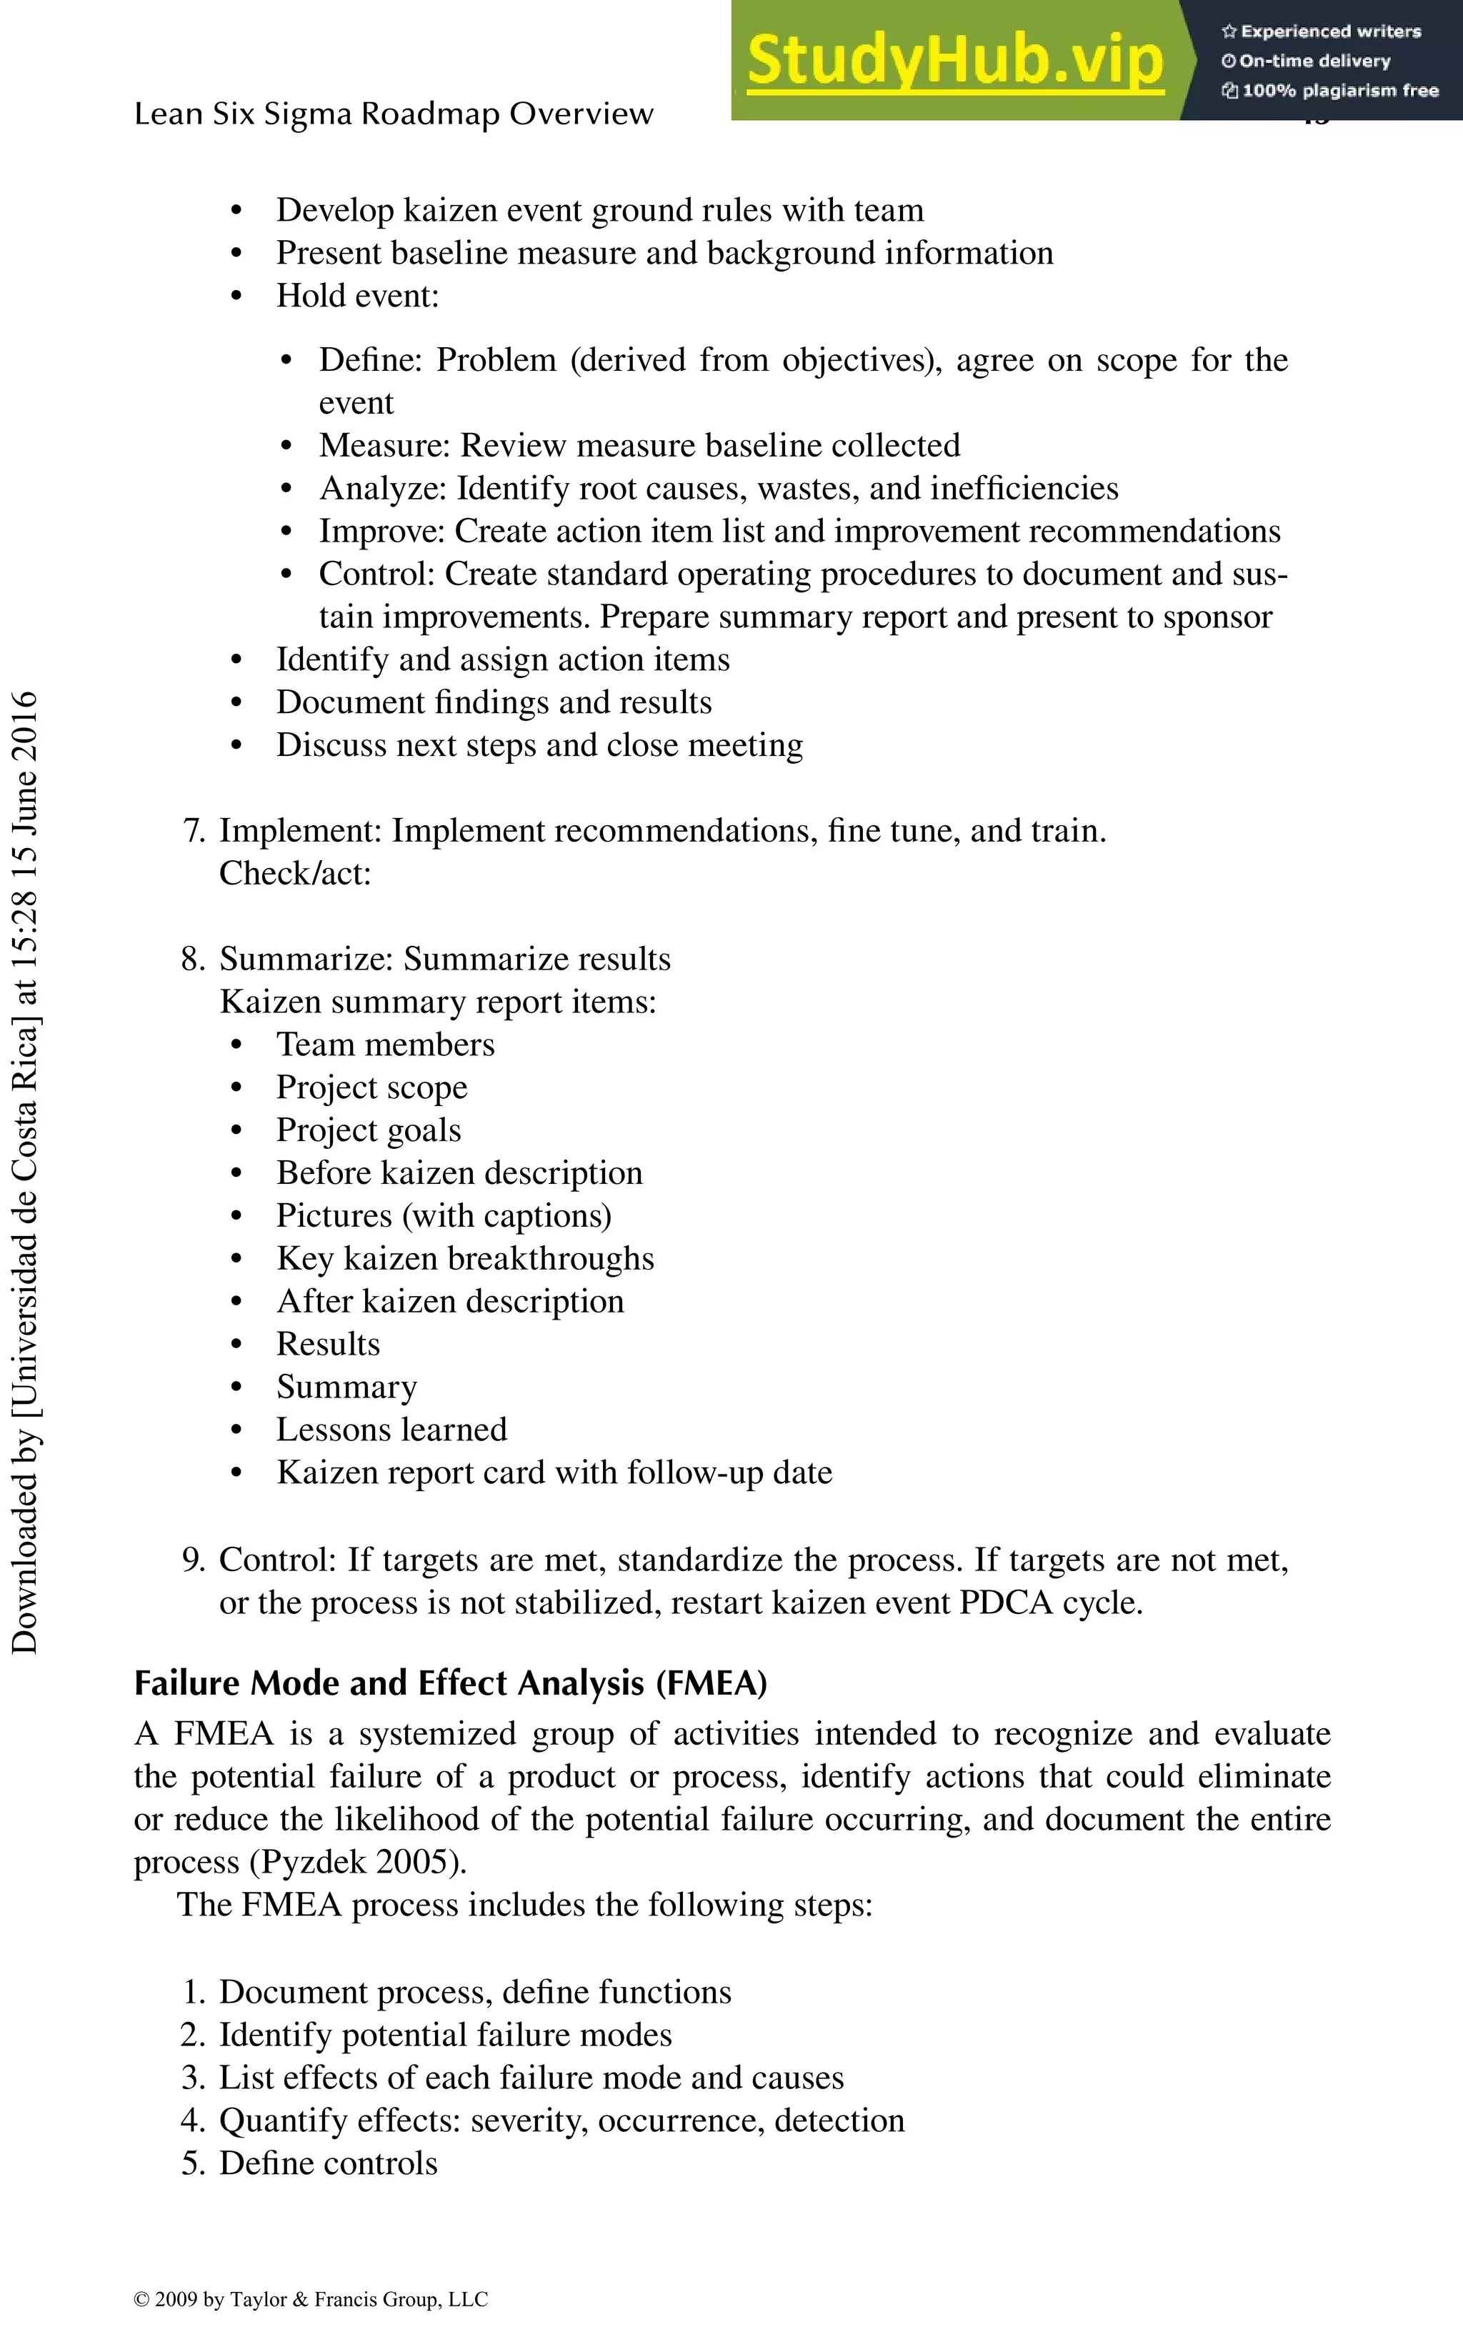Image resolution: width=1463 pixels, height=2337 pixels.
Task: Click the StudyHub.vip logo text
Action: coord(955,60)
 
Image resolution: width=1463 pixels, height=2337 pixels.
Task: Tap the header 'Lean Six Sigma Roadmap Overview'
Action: coord(394,114)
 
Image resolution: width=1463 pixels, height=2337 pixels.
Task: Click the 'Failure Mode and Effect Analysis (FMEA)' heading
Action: coord(450,1683)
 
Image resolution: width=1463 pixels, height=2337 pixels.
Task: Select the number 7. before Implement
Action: coord(194,831)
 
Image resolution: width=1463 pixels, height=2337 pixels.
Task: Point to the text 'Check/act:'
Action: coord(295,874)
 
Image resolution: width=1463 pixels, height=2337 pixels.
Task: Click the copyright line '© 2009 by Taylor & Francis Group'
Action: coord(311,2299)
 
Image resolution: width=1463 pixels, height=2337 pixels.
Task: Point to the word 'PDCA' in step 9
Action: coord(1005,1603)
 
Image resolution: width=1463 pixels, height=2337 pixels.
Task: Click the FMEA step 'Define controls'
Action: coord(328,2163)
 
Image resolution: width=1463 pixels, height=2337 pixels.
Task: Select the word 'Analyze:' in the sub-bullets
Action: coord(383,489)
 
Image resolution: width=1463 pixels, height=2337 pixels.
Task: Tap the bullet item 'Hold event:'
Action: coord(357,296)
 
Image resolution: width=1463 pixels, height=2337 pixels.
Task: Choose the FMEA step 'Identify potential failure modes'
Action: coord(445,2034)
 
